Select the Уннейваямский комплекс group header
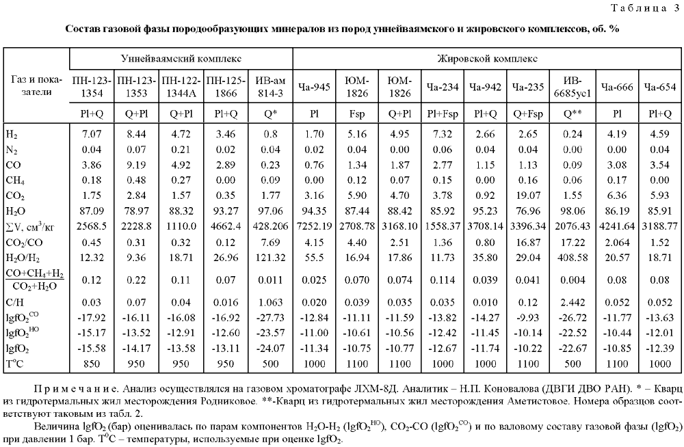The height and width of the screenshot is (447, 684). coord(181,58)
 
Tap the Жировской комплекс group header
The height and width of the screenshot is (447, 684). coord(487,58)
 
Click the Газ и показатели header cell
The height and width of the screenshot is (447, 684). coord(36,85)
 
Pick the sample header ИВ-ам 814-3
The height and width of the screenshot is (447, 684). coord(270,87)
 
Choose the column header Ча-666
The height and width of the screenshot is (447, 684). coord(617,87)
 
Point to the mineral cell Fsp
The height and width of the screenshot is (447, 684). coord(357,114)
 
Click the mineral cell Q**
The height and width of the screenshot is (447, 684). coord(573,114)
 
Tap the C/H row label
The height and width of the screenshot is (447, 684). coord(15,302)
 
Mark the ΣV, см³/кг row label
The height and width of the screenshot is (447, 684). coord(30,227)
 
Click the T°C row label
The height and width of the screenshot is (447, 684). coord(15,364)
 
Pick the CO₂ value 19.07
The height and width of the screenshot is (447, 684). coord(528,195)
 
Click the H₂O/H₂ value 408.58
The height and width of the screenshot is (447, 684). coord(573,258)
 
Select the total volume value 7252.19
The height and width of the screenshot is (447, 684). coord(314,226)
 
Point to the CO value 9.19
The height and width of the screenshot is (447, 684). coord(136,165)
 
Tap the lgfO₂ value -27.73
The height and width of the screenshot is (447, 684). coord(270,317)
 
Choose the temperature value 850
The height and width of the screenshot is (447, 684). coord(92,364)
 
